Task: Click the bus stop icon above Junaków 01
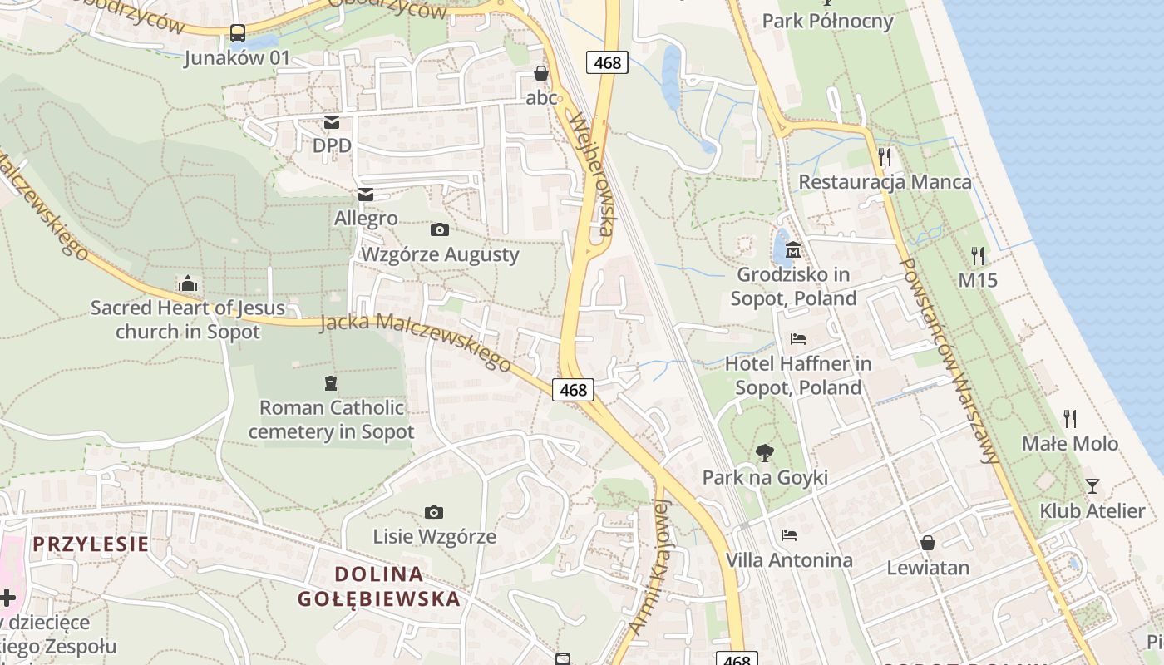(x=238, y=33)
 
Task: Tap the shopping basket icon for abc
(x=541, y=74)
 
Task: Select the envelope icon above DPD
(x=332, y=122)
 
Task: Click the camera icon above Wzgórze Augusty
(x=440, y=229)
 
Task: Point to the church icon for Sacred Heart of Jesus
(x=188, y=284)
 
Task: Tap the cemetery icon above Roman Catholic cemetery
(x=331, y=383)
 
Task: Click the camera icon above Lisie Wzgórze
(x=433, y=512)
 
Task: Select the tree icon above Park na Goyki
(x=765, y=453)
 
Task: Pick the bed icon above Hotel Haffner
(x=798, y=338)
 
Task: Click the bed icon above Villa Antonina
(x=789, y=534)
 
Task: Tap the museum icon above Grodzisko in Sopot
(x=793, y=249)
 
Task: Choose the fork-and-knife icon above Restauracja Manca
(x=885, y=156)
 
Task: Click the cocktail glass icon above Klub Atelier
(x=1092, y=485)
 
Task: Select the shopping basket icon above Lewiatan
(x=928, y=543)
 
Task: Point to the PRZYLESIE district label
(x=91, y=544)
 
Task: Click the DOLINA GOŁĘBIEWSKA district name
(x=378, y=586)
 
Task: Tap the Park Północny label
(x=827, y=21)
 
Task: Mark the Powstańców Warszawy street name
(x=949, y=360)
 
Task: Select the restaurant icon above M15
(x=978, y=255)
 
